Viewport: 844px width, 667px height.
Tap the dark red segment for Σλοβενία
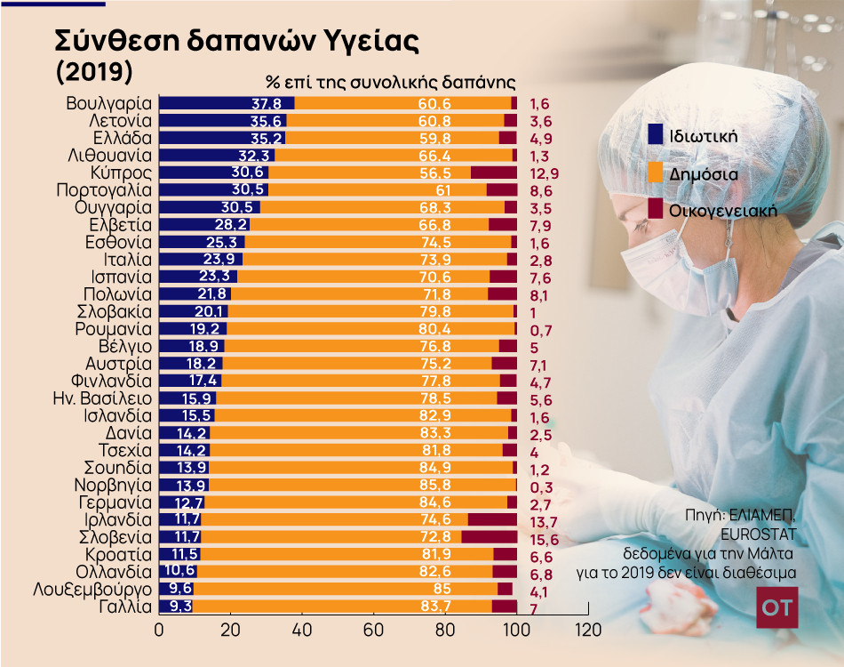(x=490, y=536)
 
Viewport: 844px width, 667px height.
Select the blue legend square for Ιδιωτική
(x=657, y=134)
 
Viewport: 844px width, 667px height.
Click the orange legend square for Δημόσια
(x=657, y=173)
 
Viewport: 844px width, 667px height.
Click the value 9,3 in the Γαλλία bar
(x=180, y=606)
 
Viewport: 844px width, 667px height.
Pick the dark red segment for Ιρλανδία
(x=492, y=519)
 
